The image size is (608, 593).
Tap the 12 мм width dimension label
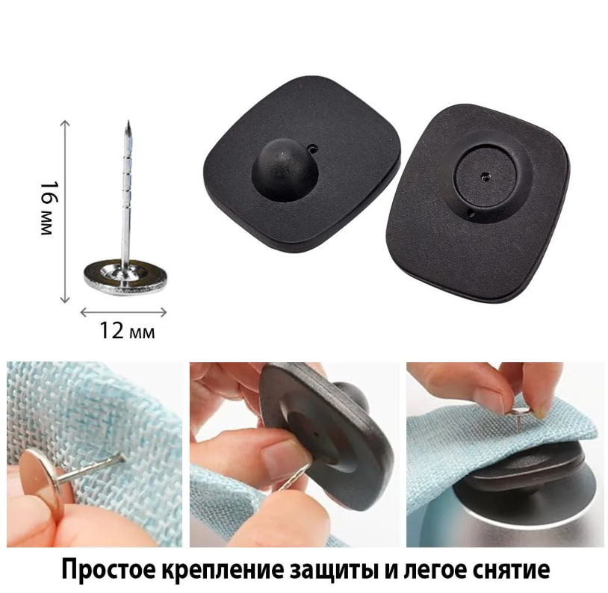tap(127, 331)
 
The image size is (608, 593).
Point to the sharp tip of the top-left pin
tap(128, 122)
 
